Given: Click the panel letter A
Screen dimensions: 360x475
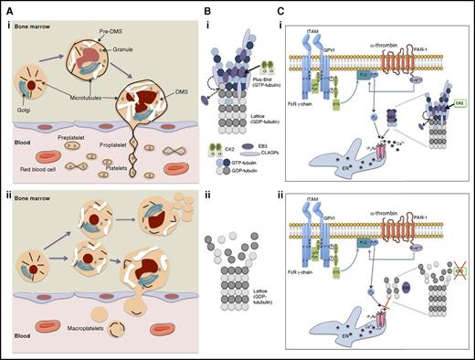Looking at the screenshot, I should (5, 6).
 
